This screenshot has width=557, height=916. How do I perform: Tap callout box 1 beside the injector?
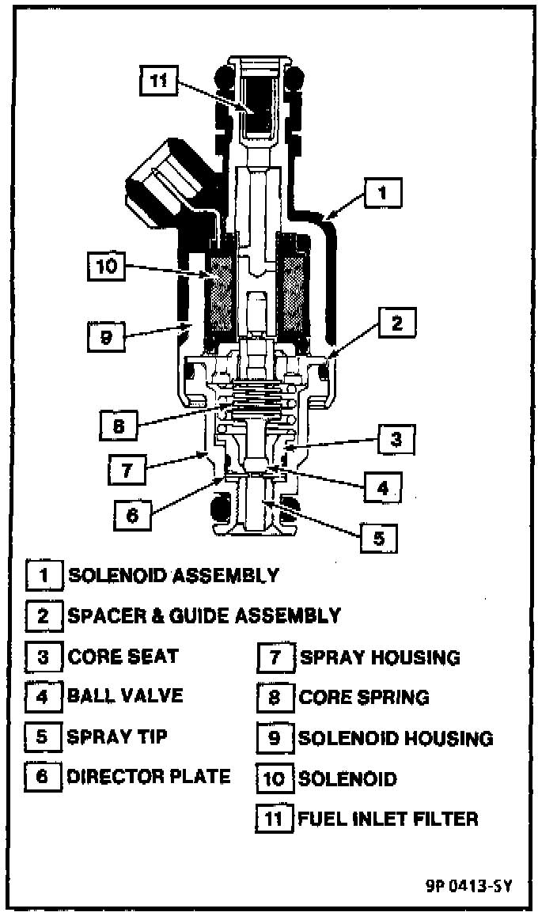(x=382, y=191)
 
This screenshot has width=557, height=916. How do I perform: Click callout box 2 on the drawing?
(x=396, y=323)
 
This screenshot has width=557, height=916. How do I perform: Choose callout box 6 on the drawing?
(x=131, y=515)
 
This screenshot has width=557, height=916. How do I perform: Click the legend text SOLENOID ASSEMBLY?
(x=173, y=575)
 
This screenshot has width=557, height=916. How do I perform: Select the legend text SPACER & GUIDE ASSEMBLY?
(x=204, y=615)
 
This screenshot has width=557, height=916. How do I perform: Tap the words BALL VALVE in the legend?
(x=125, y=696)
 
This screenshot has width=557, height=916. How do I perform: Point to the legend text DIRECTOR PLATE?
(x=148, y=777)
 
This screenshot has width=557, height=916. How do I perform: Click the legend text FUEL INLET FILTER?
(x=388, y=818)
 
